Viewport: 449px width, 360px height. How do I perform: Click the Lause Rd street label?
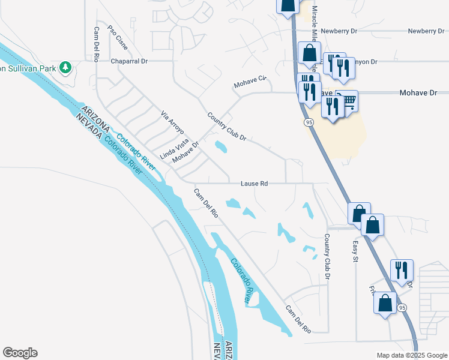click(x=254, y=184)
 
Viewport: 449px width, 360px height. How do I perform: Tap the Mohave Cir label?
click(x=250, y=82)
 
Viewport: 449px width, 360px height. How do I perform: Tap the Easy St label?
click(x=355, y=251)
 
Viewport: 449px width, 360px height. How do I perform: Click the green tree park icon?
click(x=66, y=68)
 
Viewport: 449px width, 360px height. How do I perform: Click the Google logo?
click(x=20, y=353)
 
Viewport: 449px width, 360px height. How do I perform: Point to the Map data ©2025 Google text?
click(x=412, y=355)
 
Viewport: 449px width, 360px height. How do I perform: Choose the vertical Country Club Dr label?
click(x=328, y=256)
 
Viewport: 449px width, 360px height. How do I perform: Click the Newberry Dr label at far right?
click(x=427, y=31)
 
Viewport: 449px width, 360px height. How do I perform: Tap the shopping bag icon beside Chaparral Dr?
click(x=310, y=54)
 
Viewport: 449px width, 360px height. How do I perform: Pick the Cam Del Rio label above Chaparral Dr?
click(x=96, y=45)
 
